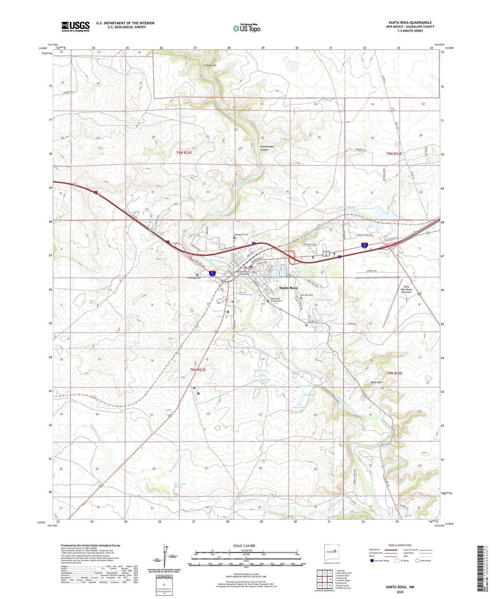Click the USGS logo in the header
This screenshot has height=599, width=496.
[75, 26]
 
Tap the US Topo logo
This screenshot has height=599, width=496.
[246, 28]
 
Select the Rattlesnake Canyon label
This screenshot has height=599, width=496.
[267, 148]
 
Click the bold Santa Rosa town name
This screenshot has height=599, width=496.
[288, 288]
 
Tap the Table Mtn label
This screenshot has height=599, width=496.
[376, 382]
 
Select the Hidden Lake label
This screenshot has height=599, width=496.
[324, 300]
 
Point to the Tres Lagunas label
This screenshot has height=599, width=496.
[347, 207]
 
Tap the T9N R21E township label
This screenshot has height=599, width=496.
[184, 152]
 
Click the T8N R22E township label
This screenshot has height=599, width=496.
[394, 373]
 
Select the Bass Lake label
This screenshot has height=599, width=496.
[261, 371]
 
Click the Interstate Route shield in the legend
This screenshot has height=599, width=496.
[372, 561]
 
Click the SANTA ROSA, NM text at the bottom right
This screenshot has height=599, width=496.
[400, 587]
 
